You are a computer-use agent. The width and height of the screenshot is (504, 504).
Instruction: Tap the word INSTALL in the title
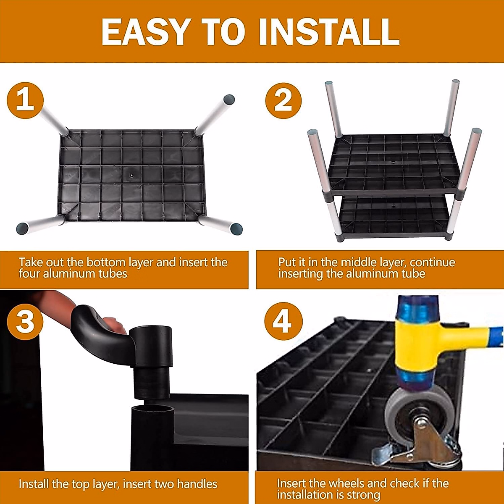(329, 32)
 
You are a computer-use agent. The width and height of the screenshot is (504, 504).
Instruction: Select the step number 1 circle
(25, 100)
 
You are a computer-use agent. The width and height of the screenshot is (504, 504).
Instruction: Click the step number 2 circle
(283, 101)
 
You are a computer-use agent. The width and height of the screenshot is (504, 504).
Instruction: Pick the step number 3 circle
(25, 321)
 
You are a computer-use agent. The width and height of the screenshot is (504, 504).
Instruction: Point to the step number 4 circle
(283, 321)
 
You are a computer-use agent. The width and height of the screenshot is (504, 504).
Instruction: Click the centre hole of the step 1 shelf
(132, 175)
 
